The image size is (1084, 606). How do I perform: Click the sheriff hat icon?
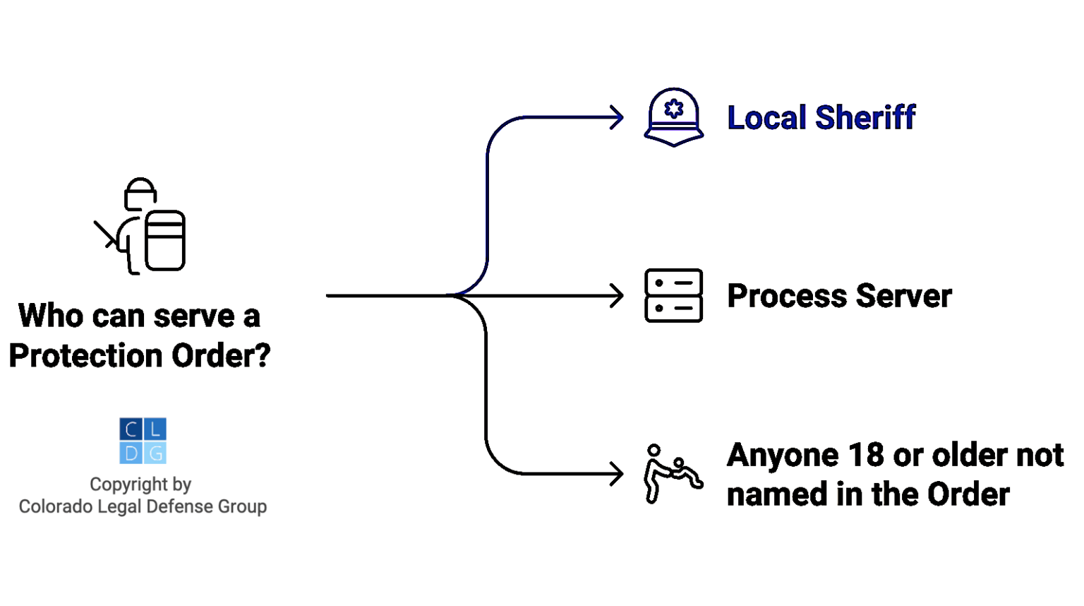[673, 117]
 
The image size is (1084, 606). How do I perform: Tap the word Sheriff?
[865, 117]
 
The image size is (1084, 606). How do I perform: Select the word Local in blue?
[766, 117]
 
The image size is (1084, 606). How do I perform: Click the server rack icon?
[673, 295]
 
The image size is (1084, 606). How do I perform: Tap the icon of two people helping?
[672, 473]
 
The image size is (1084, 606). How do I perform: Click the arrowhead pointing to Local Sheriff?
[617, 117]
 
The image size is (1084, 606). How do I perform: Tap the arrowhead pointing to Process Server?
[617, 295]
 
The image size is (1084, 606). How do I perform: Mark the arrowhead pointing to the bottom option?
[617, 473]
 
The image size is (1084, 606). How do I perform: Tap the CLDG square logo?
[143, 441]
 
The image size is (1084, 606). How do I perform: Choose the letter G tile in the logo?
[155, 453]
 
